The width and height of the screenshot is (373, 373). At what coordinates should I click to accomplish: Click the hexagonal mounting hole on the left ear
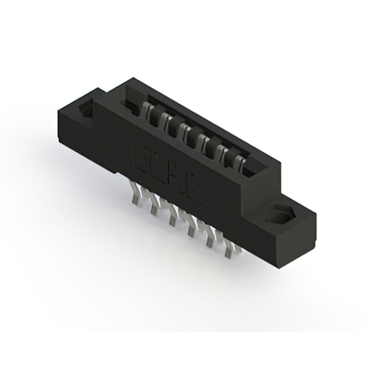[88, 111]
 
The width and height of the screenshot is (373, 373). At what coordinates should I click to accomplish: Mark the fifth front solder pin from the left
[208, 240]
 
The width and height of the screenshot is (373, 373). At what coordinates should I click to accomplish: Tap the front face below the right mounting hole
[274, 245]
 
